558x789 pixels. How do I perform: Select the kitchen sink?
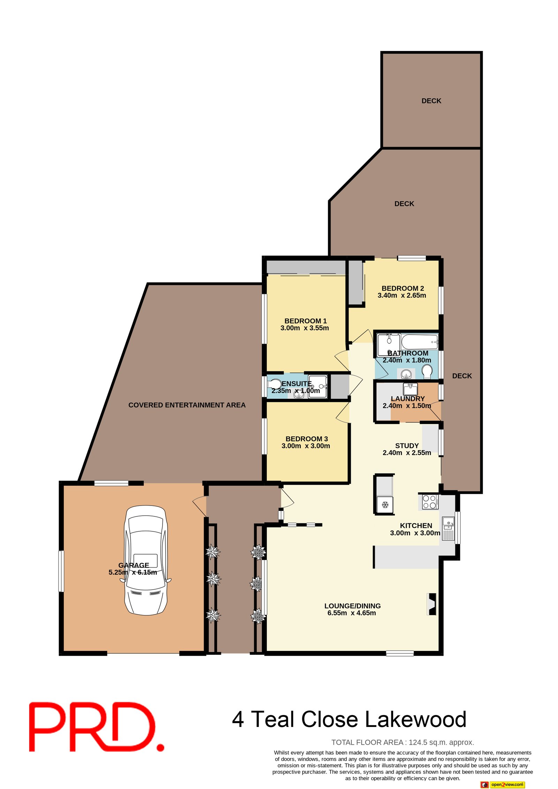(x=448, y=529)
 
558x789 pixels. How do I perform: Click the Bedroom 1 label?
(x=306, y=321)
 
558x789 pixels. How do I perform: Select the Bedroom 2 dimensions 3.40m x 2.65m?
(x=402, y=295)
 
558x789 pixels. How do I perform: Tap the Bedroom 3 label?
(x=307, y=439)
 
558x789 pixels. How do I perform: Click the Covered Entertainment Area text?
(x=187, y=405)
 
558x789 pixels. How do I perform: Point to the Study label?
(x=407, y=446)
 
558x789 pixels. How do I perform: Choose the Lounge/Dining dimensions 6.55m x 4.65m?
(x=352, y=613)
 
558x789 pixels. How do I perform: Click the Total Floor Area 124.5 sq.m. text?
(x=402, y=742)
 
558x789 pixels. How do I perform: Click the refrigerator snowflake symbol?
(x=385, y=504)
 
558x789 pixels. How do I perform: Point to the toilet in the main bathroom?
(x=427, y=371)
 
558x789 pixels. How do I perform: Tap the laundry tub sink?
(x=410, y=389)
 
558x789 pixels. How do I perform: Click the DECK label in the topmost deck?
(x=431, y=101)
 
